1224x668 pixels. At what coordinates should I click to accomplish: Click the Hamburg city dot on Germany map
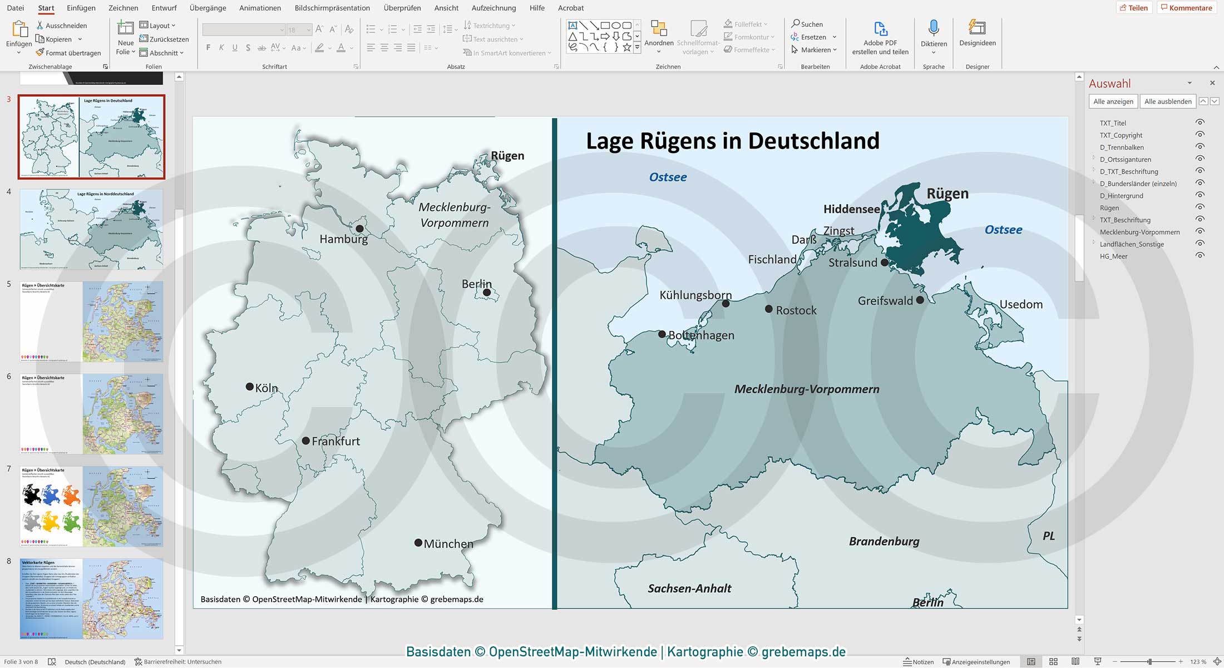pos(359,229)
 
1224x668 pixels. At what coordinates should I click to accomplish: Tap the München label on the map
pos(448,544)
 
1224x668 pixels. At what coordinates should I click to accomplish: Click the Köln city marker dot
pos(250,387)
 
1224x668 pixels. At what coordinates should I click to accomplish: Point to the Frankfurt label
pos(335,441)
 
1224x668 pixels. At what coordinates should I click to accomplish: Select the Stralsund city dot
pos(885,262)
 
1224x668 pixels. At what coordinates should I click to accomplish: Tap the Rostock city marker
pos(768,309)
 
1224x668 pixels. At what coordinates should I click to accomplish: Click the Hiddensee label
pos(851,209)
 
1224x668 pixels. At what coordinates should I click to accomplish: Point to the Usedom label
pos(1021,304)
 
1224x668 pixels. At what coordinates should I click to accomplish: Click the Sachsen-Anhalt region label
pos(689,588)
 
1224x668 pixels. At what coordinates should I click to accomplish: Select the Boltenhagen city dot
pos(662,334)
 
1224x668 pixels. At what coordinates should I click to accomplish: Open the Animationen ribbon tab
pos(260,8)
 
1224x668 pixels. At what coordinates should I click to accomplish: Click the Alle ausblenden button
pos(1167,101)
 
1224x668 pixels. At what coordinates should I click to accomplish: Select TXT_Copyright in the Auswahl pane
pos(1121,135)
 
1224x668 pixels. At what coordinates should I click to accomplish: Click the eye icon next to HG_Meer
pos(1200,256)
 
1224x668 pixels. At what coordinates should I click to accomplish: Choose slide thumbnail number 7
pos(92,506)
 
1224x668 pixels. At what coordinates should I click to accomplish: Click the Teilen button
pos(1133,8)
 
